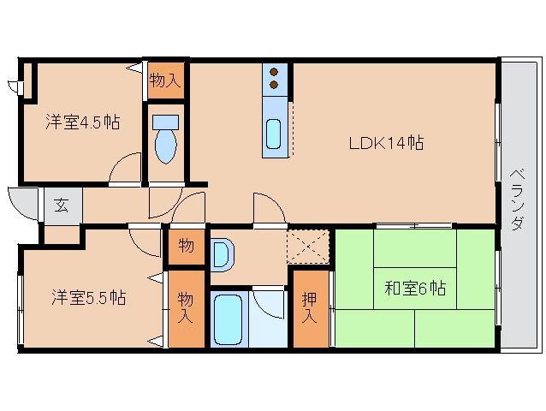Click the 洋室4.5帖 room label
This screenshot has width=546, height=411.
82,122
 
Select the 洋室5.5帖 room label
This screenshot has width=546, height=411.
88,297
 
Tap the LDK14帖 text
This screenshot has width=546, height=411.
386,142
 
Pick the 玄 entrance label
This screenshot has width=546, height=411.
62,205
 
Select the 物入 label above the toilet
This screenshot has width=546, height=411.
165,81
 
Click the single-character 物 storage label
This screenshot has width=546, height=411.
186,247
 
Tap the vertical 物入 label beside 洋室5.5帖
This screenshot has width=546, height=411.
186,307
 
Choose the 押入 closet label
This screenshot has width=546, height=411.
311,308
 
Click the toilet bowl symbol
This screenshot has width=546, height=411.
165,141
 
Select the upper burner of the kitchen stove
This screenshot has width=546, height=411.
274,72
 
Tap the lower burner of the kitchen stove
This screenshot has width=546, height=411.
274,85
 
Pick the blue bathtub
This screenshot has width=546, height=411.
228,319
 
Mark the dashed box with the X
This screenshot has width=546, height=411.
308,247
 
